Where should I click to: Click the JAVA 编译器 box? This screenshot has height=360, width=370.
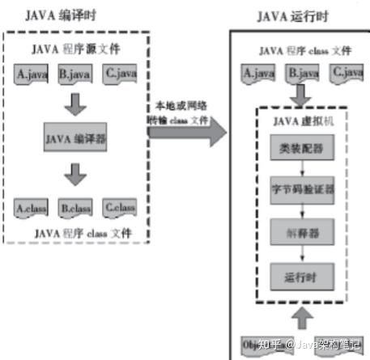tap(77, 138)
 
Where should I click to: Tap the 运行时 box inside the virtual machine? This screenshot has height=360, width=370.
tap(301, 275)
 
